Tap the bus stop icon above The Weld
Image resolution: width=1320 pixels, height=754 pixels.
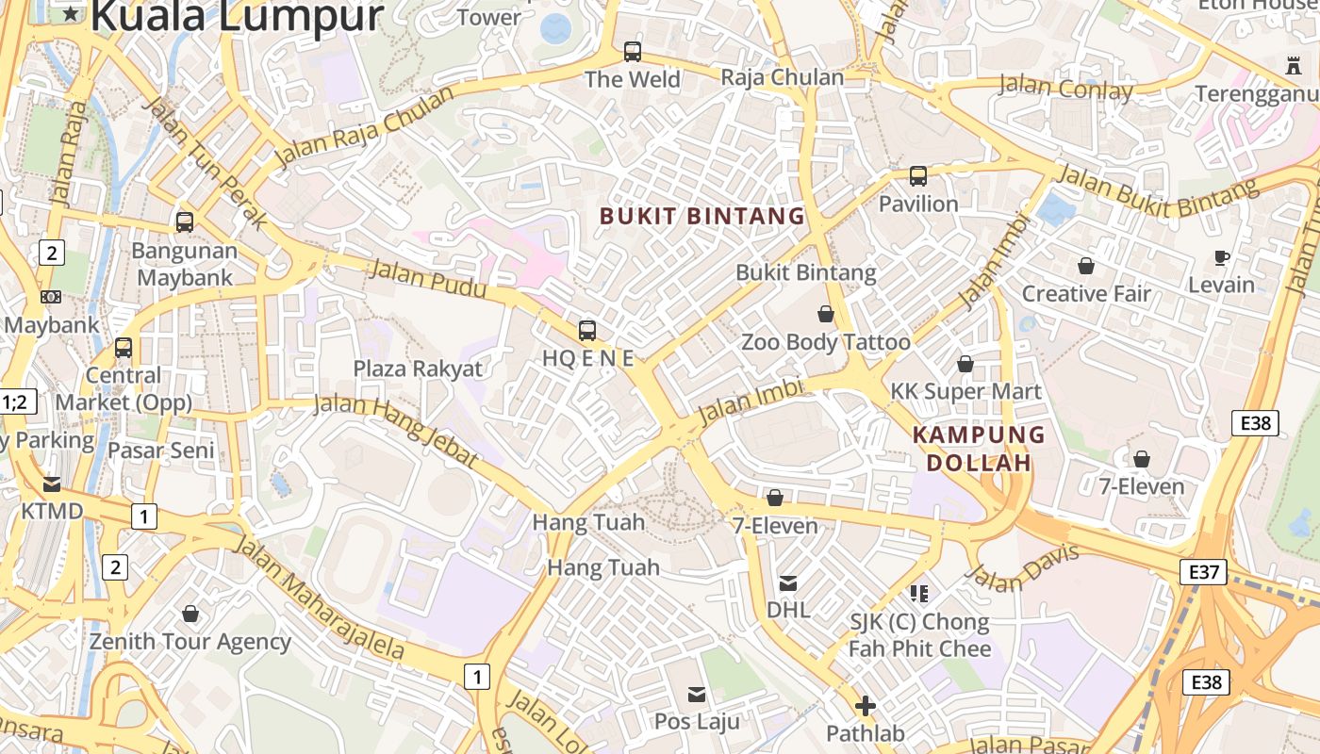(x=632, y=51)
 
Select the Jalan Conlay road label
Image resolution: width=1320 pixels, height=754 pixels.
(x=1065, y=88)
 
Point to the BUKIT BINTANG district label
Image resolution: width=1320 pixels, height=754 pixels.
(x=702, y=216)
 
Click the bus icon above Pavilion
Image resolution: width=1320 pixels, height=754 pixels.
(x=917, y=175)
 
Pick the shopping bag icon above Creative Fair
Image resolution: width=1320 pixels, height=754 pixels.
(x=1086, y=266)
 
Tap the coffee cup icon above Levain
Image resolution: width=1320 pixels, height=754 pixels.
(x=1222, y=257)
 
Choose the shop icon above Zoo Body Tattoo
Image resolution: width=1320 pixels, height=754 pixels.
(x=826, y=314)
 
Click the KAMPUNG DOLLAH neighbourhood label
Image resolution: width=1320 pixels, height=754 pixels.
(x=979, y=449)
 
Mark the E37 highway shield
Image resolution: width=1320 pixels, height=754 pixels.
(x=1203, y=570)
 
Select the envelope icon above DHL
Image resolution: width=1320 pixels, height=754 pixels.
(x=788, y=583)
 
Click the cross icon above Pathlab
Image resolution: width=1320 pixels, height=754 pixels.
(x=865, y=705)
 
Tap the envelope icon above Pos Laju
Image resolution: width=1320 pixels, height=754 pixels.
(x=697, y=695)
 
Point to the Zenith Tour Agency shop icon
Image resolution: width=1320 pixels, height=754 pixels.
(x=190, y=614)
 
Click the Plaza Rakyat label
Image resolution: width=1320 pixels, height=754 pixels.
(x=418, y=369)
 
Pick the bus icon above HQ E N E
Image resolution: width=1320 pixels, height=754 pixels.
(x=587, y=330)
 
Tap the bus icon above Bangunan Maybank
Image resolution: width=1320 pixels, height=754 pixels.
(x=185, y=222)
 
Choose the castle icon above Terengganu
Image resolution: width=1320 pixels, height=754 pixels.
(x=1293, y=66)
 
